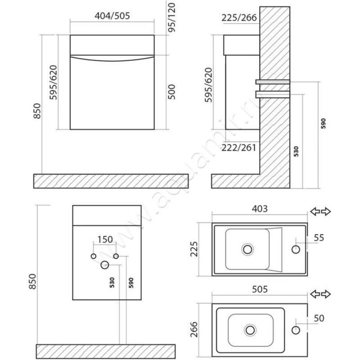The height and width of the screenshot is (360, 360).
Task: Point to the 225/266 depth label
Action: (239, 18)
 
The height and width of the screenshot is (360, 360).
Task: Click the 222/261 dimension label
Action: (239, 148)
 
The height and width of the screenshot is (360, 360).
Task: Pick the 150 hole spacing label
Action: (104, 239)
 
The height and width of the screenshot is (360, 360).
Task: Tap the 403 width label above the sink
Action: (260, 209)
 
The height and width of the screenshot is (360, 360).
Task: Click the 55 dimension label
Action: (319, 238)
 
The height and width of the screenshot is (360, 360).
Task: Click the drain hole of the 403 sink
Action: (247, 248)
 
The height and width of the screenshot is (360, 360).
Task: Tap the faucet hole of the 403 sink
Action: (297, 249)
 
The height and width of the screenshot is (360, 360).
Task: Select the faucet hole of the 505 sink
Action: (296, 330)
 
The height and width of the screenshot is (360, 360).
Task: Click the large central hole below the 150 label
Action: (105, 265)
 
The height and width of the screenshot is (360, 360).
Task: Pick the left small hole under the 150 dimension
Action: (94, 256)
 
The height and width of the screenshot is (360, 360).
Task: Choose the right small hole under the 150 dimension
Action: (116, 256)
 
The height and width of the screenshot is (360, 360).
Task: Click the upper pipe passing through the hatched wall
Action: (273, 82)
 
